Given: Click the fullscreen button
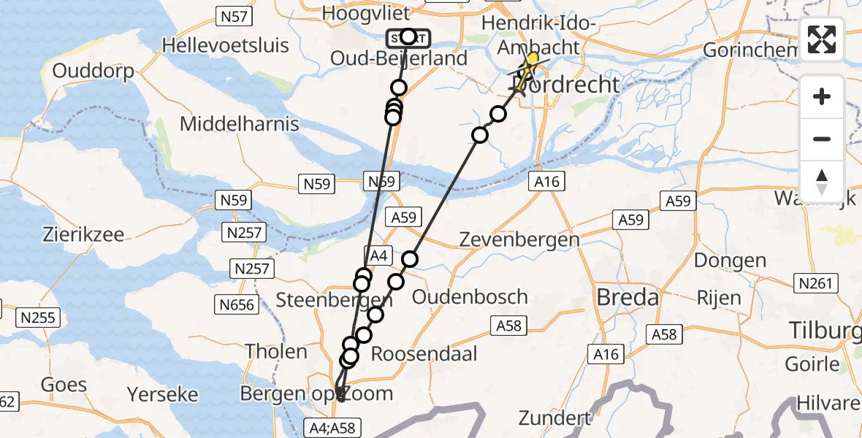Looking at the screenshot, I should (822, 39).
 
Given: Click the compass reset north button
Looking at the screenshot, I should (822, 181).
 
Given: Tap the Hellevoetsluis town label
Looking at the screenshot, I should (225, 45).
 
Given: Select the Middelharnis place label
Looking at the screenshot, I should (240, 124).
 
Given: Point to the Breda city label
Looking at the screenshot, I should (628, 297).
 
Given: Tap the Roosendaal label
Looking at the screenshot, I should (424, 354).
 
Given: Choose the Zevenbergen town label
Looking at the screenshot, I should (519, 239).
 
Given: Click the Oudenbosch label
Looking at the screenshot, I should (470, 296).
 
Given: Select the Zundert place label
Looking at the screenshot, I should (555, 418).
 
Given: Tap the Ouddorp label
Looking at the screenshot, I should (94, 72).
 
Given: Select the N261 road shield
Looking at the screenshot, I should (816, 283).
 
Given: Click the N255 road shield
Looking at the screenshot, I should (39, 318).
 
